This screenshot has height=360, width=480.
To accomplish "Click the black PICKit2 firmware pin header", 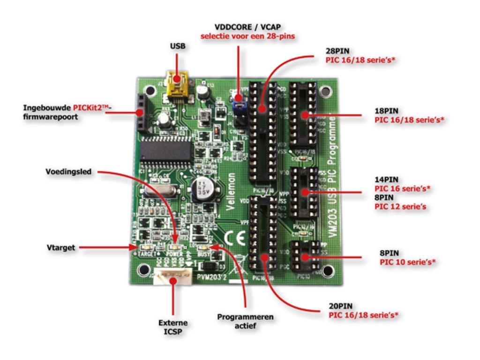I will tap(140, 112).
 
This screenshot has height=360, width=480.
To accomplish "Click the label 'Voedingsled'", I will tap(69, 172).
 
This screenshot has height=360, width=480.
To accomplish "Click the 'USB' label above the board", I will tap(178, 46).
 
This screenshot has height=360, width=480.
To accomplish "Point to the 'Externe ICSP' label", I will tap(173, 326).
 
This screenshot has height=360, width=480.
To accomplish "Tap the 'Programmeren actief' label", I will tap(245, 321).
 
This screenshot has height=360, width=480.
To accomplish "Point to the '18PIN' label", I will tap(386, 111).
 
